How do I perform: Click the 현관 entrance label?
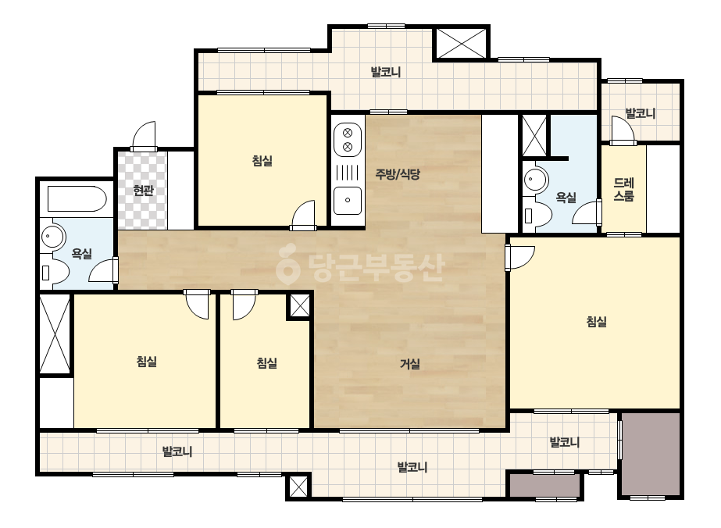143,190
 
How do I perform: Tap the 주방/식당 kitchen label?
398,174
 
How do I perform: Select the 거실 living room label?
409,364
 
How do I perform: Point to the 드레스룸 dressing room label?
624,190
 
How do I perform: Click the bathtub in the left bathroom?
77,198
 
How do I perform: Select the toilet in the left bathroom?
53,273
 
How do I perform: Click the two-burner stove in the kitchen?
348,140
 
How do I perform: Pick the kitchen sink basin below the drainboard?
348,201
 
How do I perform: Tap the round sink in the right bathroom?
535,180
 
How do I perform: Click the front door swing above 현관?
144,136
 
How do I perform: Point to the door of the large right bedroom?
519,258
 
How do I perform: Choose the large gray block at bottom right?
651,454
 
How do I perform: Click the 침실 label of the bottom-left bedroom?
147,361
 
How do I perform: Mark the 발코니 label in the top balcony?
386,72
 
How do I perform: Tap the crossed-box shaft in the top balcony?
461,43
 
